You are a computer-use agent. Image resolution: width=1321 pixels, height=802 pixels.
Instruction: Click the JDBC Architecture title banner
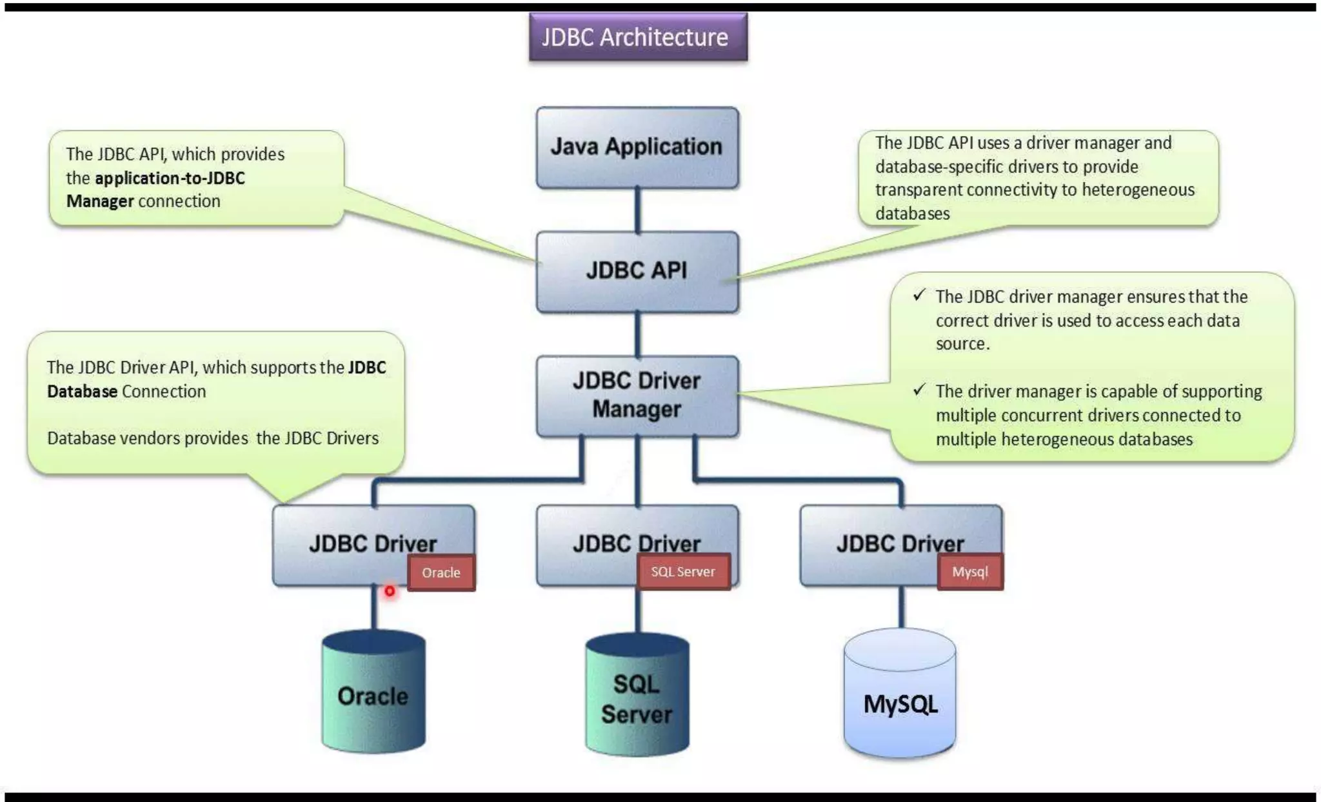638,37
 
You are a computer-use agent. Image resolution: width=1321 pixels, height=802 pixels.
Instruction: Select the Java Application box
637,148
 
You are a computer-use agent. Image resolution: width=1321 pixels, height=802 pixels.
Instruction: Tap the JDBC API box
637,272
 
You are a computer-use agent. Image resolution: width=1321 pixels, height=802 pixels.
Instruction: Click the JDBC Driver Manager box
637,396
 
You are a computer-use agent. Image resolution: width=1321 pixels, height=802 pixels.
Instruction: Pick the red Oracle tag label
441,572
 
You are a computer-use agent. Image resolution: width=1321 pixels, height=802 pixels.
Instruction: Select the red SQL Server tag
684,571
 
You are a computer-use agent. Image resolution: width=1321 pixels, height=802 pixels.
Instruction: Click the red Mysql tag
970,571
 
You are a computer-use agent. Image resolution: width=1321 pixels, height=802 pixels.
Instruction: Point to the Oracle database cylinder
373,691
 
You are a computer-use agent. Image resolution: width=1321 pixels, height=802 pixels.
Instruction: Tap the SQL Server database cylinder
637,694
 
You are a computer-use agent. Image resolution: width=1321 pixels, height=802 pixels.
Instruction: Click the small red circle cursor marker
390,590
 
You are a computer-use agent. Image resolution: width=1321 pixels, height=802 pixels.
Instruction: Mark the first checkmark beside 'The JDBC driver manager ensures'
919,296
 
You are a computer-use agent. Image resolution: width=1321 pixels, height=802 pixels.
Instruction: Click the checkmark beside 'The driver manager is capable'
919,390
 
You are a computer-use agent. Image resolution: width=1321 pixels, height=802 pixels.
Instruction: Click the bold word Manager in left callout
100,201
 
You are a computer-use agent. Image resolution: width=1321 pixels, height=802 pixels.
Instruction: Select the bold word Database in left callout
82,391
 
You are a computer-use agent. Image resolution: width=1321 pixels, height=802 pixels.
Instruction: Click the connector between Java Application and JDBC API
638,210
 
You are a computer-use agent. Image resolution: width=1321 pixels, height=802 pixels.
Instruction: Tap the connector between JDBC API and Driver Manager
638,334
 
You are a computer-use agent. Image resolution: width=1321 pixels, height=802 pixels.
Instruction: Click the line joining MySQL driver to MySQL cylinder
901,607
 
